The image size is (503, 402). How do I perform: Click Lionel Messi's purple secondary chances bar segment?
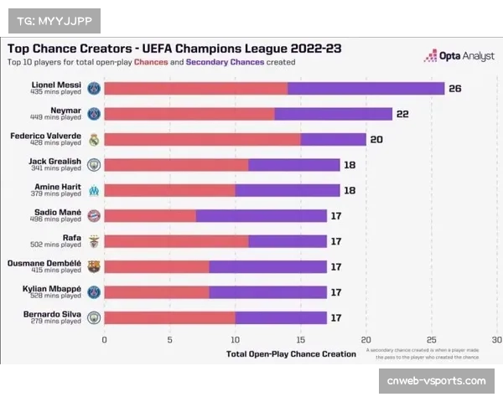(366, 89)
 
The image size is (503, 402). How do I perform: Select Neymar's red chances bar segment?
(189, 114)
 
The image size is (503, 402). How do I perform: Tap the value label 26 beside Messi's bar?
(455, 89)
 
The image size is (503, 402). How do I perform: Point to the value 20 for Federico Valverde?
(376, 139)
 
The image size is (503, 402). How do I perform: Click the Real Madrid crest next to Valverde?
(94, 140)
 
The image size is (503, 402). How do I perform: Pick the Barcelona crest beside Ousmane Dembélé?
(94, 266)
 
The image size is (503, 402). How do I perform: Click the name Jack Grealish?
(56, 161)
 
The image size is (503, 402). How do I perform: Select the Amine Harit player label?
(58, 187)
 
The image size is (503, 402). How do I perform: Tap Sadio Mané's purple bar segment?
(262, 216)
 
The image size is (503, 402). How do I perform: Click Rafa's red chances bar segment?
(176, 241)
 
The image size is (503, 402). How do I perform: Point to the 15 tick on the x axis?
(301, 340)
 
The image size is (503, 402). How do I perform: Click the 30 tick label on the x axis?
(496, 340)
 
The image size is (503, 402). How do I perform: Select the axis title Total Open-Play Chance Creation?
(291, 354)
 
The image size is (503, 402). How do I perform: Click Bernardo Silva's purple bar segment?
(281, 317)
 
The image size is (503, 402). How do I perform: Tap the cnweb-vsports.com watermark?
(436, 381)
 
